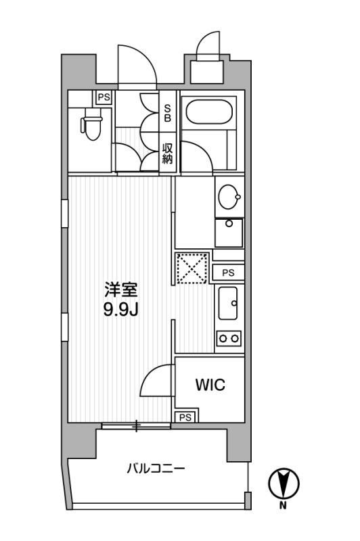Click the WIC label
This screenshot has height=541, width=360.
point(210,385)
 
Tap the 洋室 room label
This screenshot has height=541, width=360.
point(121,290)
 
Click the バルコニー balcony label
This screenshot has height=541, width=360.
point(156,468)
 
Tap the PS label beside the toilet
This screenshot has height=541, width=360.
point(104,97)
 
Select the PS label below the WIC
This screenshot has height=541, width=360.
point(185,417)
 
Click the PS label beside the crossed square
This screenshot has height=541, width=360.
point(228,273)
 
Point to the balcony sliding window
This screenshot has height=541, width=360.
point(136,425)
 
